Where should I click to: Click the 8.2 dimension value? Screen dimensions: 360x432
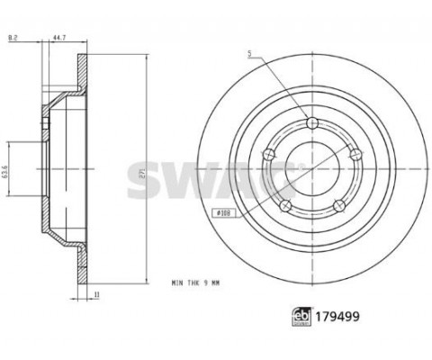click(x=12, y=39)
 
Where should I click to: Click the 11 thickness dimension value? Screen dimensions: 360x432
click(x=95, y=294)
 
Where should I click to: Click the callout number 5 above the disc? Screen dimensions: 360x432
click(x=251, y=56)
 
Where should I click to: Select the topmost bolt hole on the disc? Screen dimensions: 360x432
click(x=312, y=123)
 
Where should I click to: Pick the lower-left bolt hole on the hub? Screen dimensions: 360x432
click(x=285, y=206)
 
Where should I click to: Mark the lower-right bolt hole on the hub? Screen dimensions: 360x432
click(x=339, y=206)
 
